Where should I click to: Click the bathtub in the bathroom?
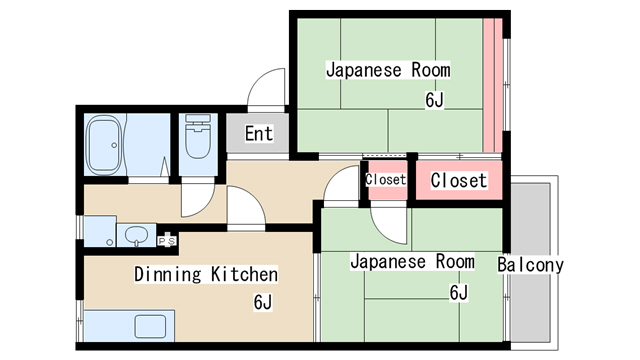coord(102,146)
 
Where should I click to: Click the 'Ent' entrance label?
coord(258,133)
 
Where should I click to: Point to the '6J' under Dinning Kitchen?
coord(262,302)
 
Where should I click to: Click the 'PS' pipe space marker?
coord(167,241)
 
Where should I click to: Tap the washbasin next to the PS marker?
coord(135,236)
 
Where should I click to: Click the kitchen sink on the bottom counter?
coord(151,326)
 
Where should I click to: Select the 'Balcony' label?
coord(530,265)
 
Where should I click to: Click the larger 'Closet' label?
coord(458,181)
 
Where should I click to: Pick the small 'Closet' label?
coord(386,180)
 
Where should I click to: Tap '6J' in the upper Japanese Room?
coord(433,100)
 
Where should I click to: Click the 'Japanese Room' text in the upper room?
coord(388,70)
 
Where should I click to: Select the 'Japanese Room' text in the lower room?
coord(411,262)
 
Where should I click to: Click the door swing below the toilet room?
coord(196,200)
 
